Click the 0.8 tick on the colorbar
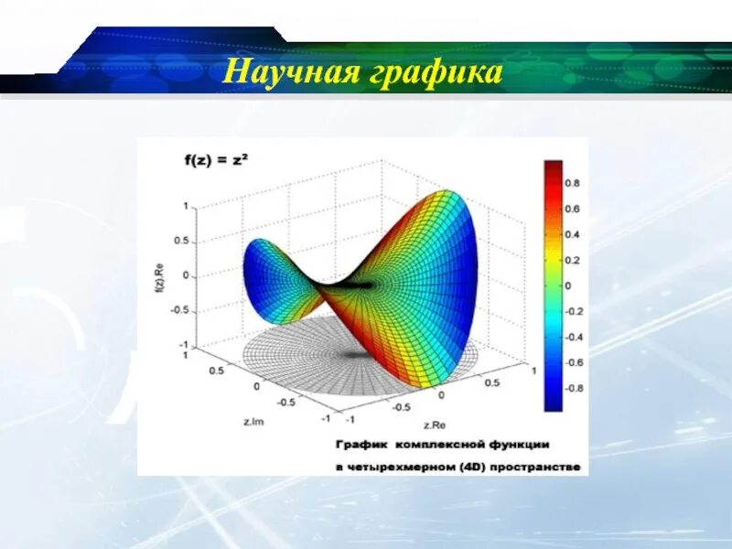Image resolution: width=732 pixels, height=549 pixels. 572,183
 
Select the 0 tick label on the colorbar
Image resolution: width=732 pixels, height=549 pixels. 567,285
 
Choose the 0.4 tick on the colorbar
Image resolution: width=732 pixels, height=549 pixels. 572,234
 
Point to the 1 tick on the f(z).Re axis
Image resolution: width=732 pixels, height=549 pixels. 185,207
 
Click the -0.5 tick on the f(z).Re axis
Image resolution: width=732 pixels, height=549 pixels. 181,310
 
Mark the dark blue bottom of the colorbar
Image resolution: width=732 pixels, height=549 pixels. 554,403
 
